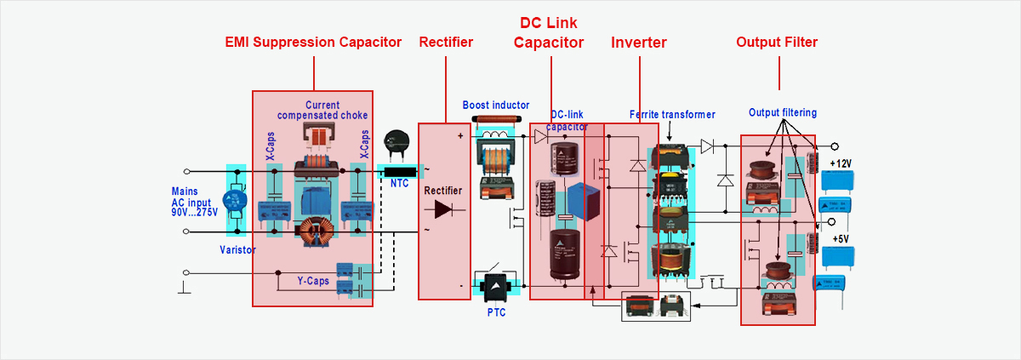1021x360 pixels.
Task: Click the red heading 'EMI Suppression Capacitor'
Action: (x=313, y=43)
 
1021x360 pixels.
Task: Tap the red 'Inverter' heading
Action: (x=639, y=43)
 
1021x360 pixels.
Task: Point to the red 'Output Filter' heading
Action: (x=777, y=43)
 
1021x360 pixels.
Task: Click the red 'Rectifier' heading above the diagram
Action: (x=446, y=43)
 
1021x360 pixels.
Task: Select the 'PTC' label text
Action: (x=497, y=312)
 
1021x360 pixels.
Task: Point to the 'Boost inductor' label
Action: (x=496, y=105)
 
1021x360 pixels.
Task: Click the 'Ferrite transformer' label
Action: (x=672, y=114)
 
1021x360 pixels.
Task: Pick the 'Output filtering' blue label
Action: (x=783, y=112)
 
